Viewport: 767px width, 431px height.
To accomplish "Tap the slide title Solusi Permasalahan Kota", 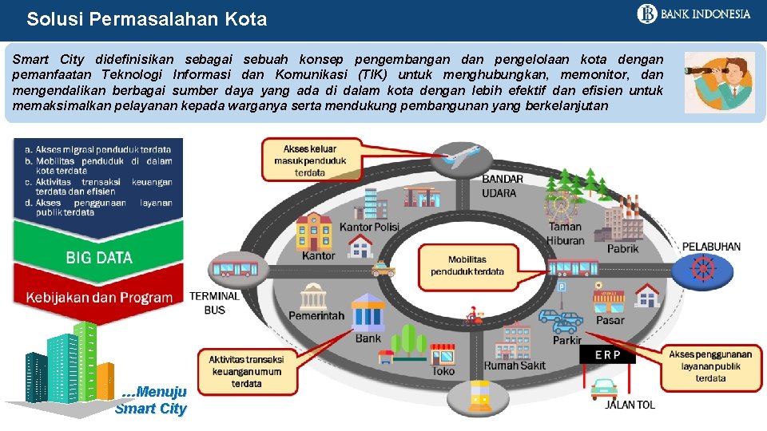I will coord(146,19).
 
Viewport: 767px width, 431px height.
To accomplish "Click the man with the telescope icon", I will coord(719,81).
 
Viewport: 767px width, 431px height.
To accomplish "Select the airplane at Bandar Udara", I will coord(462,156).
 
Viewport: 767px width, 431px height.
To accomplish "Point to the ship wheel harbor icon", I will coord(701,269).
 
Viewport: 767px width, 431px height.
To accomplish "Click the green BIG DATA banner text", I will coord(99,257).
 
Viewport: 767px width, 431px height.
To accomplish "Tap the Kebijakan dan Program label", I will coord(99,298).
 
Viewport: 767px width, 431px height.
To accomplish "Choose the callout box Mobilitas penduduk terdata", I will coord(467,265).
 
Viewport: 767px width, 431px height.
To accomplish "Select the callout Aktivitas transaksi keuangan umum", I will coord(246,371).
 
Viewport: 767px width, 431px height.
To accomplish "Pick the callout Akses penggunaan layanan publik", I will coord(710,366).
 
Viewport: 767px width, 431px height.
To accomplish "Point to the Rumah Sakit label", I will coord(515,366).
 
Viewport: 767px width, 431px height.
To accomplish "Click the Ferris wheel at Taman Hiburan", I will coord(560,204).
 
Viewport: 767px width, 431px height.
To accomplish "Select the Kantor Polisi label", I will coord(369,227).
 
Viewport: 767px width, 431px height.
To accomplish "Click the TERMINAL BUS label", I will coord(214,302).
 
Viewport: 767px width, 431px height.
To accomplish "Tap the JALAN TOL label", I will coord(630,405).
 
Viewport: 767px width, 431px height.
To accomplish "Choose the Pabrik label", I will coord(622,248).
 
